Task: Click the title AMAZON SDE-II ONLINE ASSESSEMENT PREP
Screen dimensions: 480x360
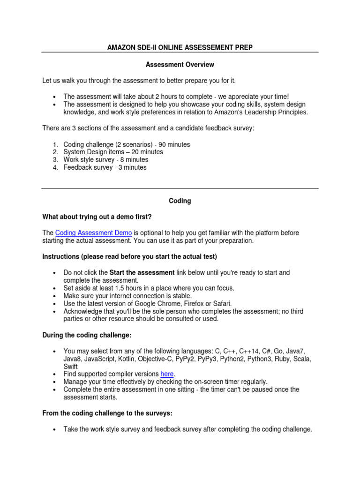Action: pos(180,48)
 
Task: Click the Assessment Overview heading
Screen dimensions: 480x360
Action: pos(180,64)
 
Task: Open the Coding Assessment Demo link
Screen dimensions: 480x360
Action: pos(93,233)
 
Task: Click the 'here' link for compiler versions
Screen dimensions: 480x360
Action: pos(167,374)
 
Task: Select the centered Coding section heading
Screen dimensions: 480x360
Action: pos(180,201)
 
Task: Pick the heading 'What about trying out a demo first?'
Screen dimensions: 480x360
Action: pos(97,217)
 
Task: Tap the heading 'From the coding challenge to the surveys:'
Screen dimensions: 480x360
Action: pos(107,413)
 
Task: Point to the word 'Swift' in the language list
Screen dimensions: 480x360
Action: pos(71,367)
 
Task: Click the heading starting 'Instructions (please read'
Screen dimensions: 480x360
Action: pos(129,256)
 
